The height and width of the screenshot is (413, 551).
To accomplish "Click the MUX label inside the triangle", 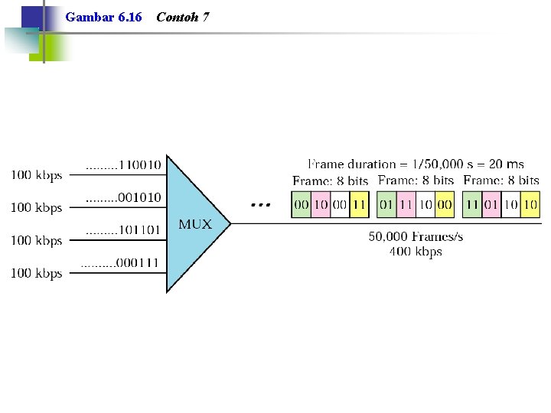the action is [195, 224].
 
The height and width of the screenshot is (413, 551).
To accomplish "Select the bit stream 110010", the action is [140, 164].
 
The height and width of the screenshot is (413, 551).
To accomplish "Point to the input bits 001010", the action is [139, 197].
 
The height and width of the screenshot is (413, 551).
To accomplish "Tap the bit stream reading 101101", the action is [139, 230].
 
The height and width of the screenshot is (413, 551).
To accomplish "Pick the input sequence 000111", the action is [137, 262].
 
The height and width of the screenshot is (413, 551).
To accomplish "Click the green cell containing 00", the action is [302, 204].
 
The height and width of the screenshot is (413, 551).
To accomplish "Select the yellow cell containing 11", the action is [359, 204].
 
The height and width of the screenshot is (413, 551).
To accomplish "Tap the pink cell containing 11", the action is [406, 204].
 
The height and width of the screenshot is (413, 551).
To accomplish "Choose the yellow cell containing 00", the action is [445, 204].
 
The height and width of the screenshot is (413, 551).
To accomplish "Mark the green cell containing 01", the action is [386, 204].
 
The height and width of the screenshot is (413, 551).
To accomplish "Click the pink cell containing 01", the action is [491, 204].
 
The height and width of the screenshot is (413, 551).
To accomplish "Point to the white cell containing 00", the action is [340, 204].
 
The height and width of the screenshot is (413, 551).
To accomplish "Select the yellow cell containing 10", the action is [530, 204].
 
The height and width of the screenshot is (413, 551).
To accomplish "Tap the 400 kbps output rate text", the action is [416, 252].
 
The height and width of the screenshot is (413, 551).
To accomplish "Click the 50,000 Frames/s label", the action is [416, 236].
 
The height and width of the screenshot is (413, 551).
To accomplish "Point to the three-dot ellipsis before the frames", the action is [261, 205].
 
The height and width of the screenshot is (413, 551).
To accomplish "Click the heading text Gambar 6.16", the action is [103, 17].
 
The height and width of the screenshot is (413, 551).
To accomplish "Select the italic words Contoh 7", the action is [183, 17].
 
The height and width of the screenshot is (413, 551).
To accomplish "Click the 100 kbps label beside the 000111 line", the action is [37, 273].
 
